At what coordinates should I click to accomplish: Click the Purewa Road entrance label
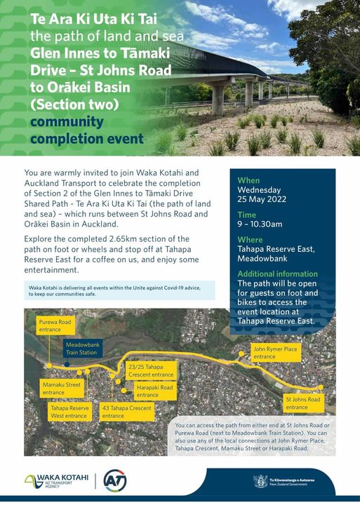(x=56, y=325)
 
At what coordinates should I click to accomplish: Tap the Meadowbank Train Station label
(x=81, y=349)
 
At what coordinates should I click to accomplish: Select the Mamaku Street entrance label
(x=62, y=389)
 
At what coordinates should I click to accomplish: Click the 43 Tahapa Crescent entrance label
(x=127, y=412)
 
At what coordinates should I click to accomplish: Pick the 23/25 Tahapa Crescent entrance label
(x=150, y=370)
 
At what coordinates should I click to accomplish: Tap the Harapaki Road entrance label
(x=155, y=391)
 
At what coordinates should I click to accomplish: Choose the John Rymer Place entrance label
(x=274, y=352)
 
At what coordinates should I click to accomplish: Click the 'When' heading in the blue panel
(x=248, y=180)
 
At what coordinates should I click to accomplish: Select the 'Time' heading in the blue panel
(x=246, y=215)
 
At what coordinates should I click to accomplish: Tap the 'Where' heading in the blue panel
(x=250, y=240)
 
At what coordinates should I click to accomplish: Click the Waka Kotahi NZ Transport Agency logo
(x=56, y=481)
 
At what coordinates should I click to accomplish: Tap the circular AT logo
(x=114, y=481)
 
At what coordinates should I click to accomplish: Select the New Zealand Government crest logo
(x=261, y=481)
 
